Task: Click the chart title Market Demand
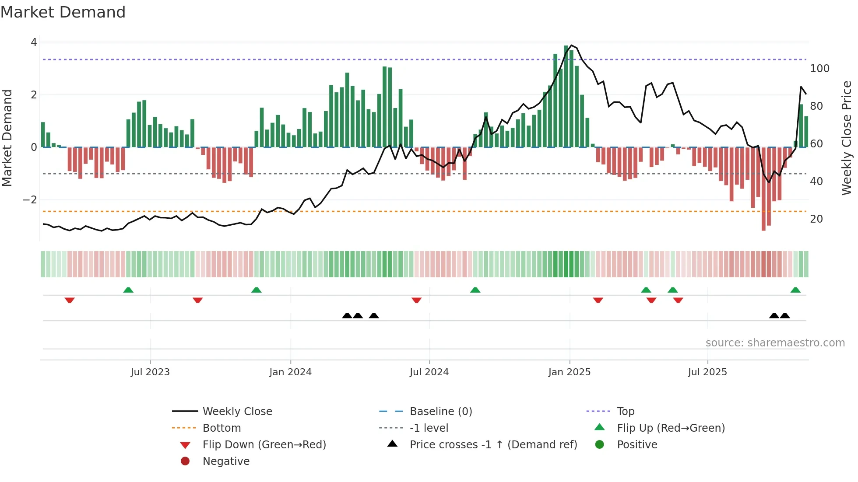click(x=63, y=12)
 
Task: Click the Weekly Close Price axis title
click(x=847, y=138)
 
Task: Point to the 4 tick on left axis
click(x=34, y=42)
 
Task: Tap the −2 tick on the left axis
click(x=30, y=200)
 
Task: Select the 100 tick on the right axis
click(x=819, y=69)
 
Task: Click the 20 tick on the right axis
click(x=816, y=219)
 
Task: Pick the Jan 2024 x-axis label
click(x=290, y=372)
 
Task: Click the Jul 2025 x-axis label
click(x=707, y=372)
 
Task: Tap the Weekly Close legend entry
click(x=237, y=412)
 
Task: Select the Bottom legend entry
click(x=222, y=428)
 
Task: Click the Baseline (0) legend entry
click(x=440, y=412)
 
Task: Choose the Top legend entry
click(x=625, y=412)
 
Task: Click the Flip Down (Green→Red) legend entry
click(x=264, y=445)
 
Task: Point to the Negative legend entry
click(x=226, y=461)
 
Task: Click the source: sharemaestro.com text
click(x=775, y=343)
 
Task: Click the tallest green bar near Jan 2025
click(x=566, y=96)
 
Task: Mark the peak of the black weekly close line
click(x=572, y=45)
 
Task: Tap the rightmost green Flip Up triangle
click(x=795, y=290)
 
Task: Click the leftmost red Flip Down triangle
click(x=70, y=300)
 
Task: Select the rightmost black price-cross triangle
click(x=785, y=315)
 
